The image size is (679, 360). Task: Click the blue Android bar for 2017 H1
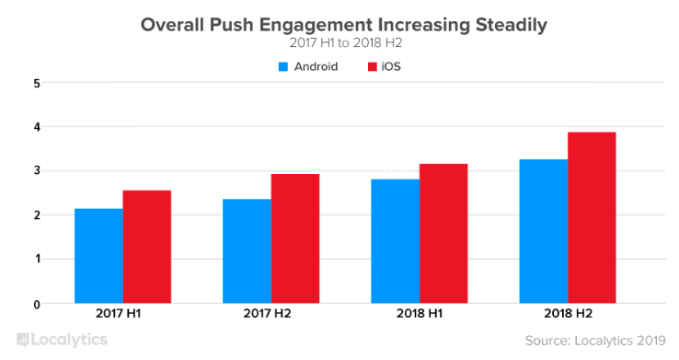[x=98, y=256]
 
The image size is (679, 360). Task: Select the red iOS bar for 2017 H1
[x=147, y=247]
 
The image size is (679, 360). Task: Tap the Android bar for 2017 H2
[x=247, y=251]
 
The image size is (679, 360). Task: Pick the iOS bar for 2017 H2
[x=295, y=238]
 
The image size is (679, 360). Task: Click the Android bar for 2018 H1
[x=396, y=241]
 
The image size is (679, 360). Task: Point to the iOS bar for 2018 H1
[x=443, y=234]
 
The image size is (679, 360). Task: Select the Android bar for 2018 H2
[x=544, y=231]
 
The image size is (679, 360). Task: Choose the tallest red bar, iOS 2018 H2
[x=592, y=218]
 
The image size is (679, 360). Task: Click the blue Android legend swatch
[x=283, y=66]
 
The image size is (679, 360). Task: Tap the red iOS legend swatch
[x=373, y=66]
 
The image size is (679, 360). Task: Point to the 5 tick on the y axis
[x=37, y=83]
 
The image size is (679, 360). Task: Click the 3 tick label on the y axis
[x=37, y=170]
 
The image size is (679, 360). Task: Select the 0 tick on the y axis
[x=37, y=305]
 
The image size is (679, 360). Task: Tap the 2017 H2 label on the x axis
[x=267, y=313]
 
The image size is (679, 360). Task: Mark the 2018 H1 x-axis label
[x=420, y=313]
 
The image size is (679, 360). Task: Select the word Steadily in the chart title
[x=512, y=26]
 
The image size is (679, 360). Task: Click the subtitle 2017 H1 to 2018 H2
[x=346, y=43]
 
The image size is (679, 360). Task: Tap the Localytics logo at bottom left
[x=62, y=340]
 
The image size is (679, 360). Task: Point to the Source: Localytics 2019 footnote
[x=595, y=341]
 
